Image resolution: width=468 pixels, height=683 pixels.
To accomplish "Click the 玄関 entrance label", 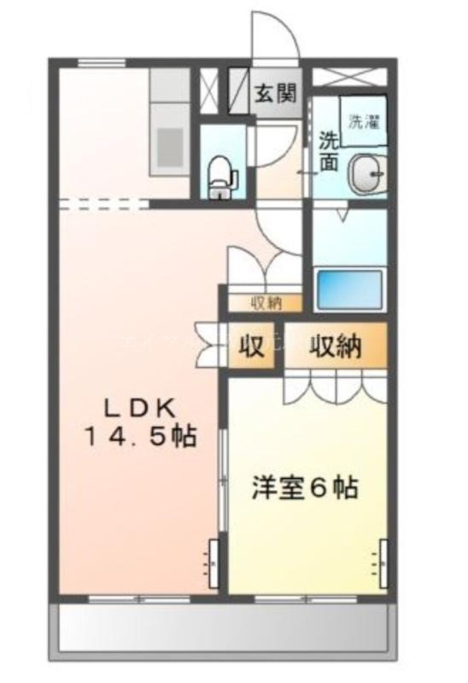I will (x=275, y=92).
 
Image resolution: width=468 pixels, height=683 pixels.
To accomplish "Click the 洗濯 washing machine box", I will (x=363, y=122).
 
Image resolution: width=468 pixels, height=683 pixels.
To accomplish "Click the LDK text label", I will (x=141, y=410).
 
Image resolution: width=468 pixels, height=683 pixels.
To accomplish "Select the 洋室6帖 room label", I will (x=304, y=487).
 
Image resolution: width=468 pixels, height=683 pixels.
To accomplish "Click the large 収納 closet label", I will (x=335, y=347).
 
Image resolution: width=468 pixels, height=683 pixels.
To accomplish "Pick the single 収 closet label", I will (x=251, y=347).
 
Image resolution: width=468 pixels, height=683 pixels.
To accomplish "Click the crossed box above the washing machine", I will (x=349, y=76).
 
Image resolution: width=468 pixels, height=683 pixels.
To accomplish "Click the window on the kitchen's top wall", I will (x=100, y=62).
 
